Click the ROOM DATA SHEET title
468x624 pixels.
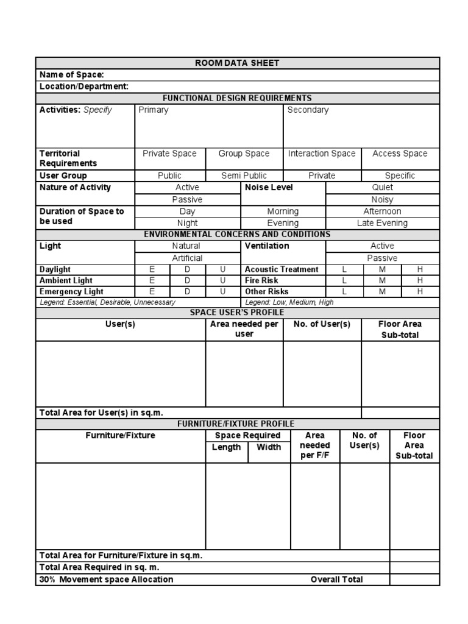coord(237,63)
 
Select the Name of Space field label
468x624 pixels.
coord(72,74)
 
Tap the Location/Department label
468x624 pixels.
coord(84,87)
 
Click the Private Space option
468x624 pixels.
coord(169,154)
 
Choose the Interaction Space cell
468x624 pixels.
coord(321,154)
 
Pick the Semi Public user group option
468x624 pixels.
coord(244,175)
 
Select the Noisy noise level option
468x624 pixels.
coord(382,199)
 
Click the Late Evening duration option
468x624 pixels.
coord(382,223)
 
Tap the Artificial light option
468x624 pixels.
coord(187,258)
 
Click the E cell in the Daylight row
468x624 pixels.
coord(152,269)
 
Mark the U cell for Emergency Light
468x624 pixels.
coord(222,292)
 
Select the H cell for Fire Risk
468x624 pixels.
coord(420,280)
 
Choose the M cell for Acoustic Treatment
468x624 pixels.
coord(382,269)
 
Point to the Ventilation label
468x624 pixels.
coord(267,246)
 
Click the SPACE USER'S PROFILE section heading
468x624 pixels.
coord(237,313)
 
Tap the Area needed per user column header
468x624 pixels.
coord(244,329)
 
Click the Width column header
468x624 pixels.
coord(269,447)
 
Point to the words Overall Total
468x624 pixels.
coord(336,580)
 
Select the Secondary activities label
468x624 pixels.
coord(308,110)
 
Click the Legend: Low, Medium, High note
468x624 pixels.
coord(289,302)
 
